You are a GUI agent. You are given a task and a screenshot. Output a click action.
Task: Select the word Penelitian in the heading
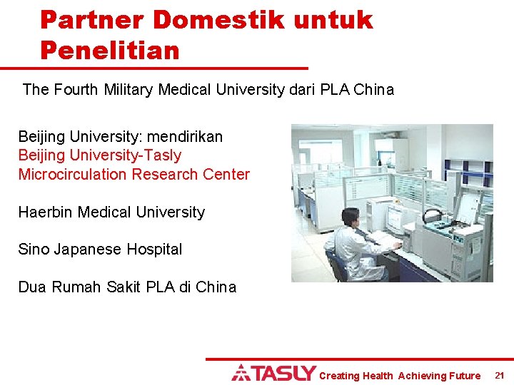pos(109,50)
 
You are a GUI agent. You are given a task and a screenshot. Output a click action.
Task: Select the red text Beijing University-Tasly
pos(99,155)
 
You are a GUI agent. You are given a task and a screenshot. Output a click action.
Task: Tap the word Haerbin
pos(45,212)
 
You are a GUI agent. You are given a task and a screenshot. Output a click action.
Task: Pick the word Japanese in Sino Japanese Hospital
pos(87,250)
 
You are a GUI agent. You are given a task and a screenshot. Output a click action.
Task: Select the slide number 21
pos(499,375)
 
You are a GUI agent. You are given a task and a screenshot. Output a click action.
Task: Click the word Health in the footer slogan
pos(378,376)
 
